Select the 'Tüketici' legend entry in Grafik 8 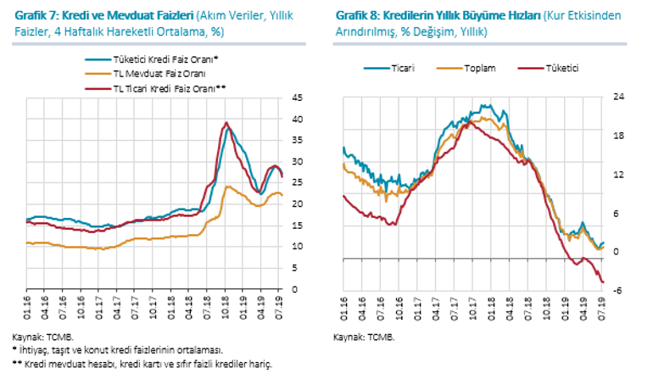click(561, 67)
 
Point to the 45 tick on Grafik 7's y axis click(297, 98)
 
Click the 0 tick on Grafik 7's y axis click(294, 289)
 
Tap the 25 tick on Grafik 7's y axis click(297, 183)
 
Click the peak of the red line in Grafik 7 click(226, 123)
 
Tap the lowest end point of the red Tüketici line click(603, 282)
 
